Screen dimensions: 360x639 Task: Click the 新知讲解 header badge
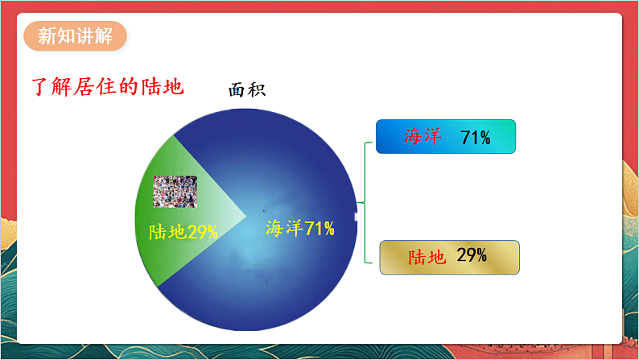(x=75, y=38)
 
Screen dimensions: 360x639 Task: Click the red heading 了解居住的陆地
(x=107, y=85)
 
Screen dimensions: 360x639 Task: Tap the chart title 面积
(x=247, y=90)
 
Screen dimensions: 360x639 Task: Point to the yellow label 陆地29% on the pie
(x=183, y=232)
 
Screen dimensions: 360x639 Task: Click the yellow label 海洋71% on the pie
(x=299, y=228)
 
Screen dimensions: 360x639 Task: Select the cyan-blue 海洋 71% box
(x=445, y=137)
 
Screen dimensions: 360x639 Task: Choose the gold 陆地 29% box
(x=449, y=257)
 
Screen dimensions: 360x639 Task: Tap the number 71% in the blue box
(x=476, y=138)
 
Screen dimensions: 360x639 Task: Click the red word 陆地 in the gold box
(x=427, y=257)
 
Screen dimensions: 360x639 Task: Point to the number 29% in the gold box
(x=472, y=256)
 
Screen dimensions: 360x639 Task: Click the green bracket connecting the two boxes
(x=367, y=201)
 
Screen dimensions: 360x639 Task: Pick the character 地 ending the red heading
(x=175, y=85)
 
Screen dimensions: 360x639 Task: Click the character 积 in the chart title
(x=257, y=90)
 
